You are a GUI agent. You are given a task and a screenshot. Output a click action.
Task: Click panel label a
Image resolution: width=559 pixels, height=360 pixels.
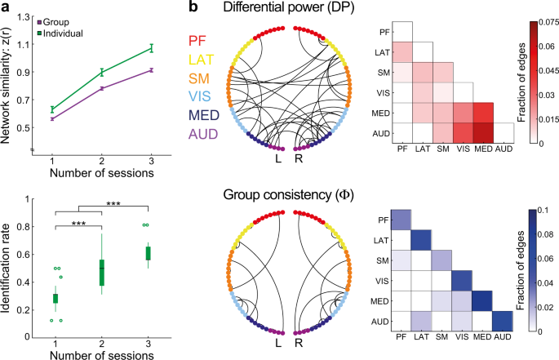tap(7, 7)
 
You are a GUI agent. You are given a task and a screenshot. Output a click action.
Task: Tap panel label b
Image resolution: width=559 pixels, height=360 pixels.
tap(194, 7)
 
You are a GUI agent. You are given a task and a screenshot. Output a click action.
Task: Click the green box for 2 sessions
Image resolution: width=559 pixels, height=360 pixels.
tap(102, 272)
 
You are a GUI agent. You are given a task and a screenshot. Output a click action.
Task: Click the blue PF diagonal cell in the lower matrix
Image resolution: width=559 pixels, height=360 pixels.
tap(402, 220)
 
